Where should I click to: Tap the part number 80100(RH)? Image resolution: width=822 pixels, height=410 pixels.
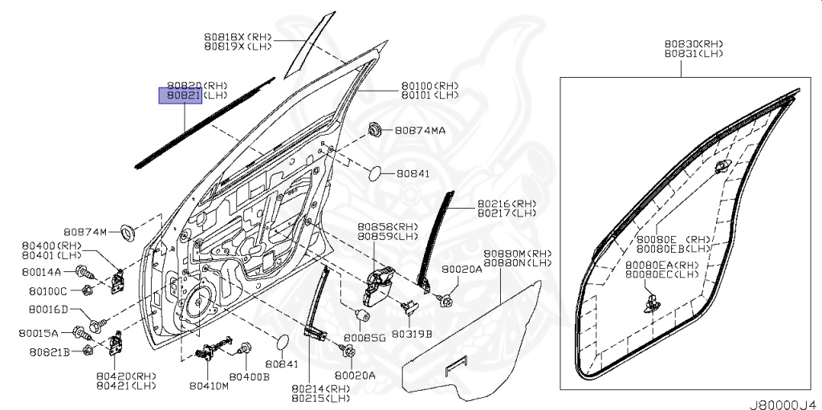pos(429,85)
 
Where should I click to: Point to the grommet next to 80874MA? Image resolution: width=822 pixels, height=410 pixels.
pos(374,130)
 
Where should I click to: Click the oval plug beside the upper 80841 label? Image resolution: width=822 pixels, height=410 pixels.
pos(380,173)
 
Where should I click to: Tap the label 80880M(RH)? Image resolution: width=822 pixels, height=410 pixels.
pos(518,253)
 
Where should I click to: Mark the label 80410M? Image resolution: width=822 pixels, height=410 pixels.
pos(209,385)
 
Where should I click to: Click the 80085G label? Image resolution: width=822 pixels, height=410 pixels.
pos(365,338)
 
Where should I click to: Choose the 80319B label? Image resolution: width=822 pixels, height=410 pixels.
pos(414,333)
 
